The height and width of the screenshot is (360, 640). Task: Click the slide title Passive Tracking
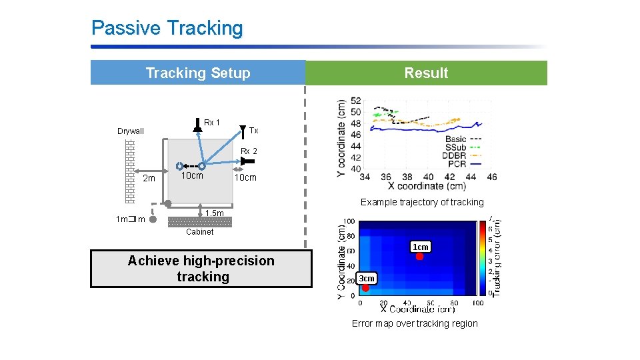click(x=167, y=28)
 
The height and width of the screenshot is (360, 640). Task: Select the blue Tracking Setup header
click(x=198, y=73)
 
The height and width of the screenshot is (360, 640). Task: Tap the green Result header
click(x=426, y=73)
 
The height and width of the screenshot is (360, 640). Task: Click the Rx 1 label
click(x=212, y=123)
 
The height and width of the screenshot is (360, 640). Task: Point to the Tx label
click(x=253, y=131)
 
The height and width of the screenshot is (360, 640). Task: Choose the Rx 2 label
click(x=249, y=151)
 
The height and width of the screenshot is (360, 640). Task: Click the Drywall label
click(x=131, y=131)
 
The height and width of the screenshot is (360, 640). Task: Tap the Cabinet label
click(x=199, y=232)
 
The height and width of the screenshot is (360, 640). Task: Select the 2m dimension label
click(x=149, y=178)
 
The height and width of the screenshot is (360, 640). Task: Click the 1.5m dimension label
click(x=215, y=213)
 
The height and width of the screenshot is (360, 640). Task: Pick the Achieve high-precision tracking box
click(x=201, y=269)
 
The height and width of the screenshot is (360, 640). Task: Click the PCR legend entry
click(x=457, y=163)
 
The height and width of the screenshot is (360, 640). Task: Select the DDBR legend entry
click(x=455, y=155)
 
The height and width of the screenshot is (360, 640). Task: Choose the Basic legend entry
click(x=455, y=139)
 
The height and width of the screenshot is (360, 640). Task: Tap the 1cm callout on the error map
click(x=420, y=247)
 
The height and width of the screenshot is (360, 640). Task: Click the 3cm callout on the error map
click(x=367, y=278)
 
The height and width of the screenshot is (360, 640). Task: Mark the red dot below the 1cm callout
click(x=419, y=257)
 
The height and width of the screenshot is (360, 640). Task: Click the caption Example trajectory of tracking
click(x=422, y=202)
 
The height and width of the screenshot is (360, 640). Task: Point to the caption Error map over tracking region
click(x=415, y=323)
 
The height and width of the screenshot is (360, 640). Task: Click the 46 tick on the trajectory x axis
click(x=491, y=177)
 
